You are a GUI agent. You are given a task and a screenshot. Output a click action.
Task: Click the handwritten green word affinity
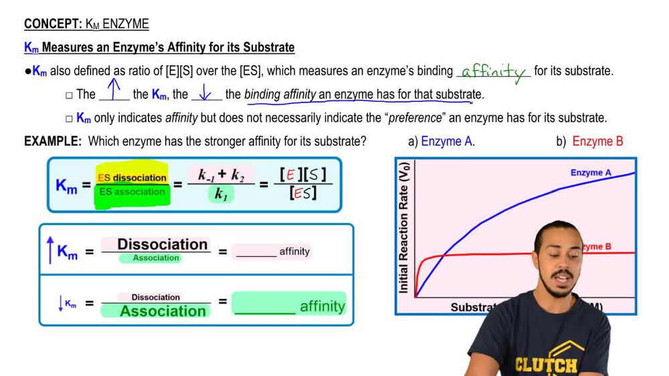494,72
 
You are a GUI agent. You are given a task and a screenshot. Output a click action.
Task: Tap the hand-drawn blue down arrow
206,92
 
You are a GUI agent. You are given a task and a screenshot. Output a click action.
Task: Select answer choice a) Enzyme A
441,141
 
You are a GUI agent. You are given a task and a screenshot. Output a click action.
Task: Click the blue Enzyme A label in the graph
590,173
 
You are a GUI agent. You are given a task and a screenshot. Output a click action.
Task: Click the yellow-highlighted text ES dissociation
132,177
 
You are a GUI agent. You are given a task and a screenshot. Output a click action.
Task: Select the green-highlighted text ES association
132,192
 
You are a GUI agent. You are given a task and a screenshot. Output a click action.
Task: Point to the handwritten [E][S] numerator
303,176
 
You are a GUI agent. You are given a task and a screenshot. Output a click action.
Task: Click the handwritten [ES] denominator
303,195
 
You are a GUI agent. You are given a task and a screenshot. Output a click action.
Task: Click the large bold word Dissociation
163,244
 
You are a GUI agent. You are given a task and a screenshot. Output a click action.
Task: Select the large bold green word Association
163,311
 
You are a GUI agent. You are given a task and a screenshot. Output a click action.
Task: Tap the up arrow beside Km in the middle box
50,251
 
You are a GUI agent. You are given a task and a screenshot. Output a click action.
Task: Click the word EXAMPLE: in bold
53,141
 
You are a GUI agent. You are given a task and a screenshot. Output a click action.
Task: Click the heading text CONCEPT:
53,25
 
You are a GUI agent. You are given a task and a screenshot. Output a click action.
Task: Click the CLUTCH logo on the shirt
546,365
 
